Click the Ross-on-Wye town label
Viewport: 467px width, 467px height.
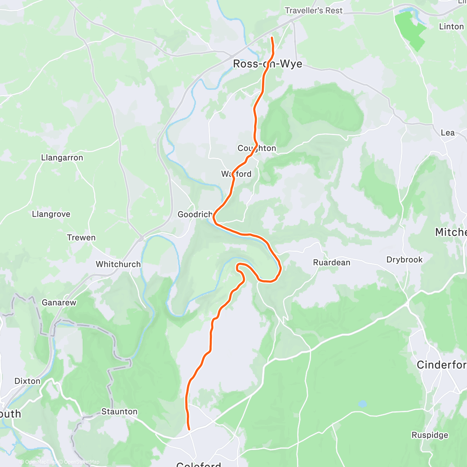pos(267,64)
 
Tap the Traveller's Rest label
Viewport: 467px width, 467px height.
pos(313,11)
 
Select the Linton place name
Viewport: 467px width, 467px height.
pos(451,26)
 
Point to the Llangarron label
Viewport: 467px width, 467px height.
pos(62,158)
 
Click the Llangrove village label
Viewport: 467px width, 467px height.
pos(51,214)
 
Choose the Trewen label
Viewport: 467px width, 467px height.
pos(81,237)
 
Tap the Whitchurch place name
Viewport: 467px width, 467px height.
pos(118,264)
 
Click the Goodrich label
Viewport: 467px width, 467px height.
pos(195,214)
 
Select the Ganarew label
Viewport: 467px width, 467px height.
pos(59,302)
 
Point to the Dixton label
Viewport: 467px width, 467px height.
pos(27,381)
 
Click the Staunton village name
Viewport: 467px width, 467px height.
pos(119,411)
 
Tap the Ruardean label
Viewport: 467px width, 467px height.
pos(332,262)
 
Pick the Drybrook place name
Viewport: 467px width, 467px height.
pos(404,260)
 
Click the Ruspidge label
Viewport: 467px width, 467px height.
pos(430,435)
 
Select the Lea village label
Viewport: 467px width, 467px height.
pos(448,133)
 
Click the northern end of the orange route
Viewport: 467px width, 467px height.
pos(271,37)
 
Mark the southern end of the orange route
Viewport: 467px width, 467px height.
pos(189,429)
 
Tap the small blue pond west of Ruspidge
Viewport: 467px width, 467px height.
pos(362,404)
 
